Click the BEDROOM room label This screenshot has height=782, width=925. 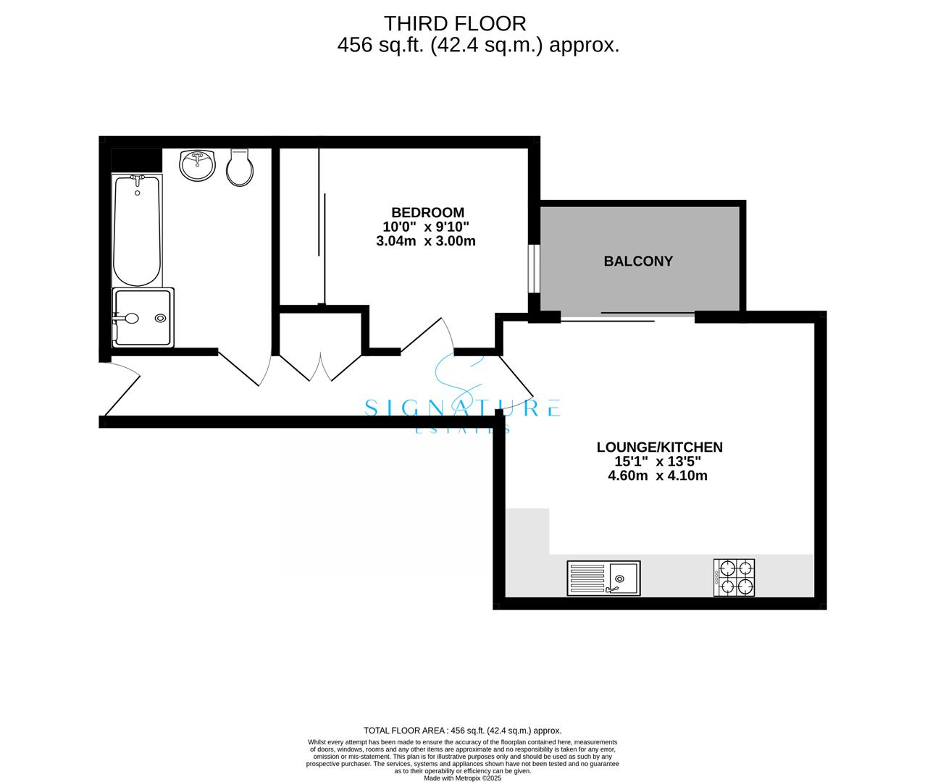pyautogui.click(x=427, y=212)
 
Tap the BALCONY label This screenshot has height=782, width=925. pyautogui.click(x=638, y=261)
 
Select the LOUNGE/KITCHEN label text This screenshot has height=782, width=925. pyautogui.click(x=659, y=447)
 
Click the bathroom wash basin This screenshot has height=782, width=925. pyautogui.click(x=197, y=165)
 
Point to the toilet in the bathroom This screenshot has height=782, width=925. pyautogui.click(x=240, y=167)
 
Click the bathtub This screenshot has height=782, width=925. pyautogui.click(x=137, y=230)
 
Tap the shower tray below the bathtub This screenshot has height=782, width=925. pyautogui.click(x=143, y=317)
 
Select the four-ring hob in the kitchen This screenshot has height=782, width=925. pyautogui.click(x=734, y=578)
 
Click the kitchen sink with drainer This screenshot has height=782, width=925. pyautogui.click(x=603, y=579)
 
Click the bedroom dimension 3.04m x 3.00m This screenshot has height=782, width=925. pyautogui.click(x=426, y=241)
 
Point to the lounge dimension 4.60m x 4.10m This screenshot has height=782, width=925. pyautogui.click(x=658, y=476)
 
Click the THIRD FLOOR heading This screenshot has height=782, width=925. pyautogui.click(x=455, y=23)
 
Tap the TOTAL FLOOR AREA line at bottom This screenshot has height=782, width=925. pyautogui.click(x=462, y=731)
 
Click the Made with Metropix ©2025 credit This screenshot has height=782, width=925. pyautogui.click(x=462, y=778)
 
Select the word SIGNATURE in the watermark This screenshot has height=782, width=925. pyautogui.click(x=462, y=408)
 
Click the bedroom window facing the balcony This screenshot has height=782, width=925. pyautogui.click(x=533, y=269)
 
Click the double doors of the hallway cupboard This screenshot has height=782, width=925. pyautogui.click(x=319, y=366)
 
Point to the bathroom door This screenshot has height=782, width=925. pyautogui.click(x=243, y=369)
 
